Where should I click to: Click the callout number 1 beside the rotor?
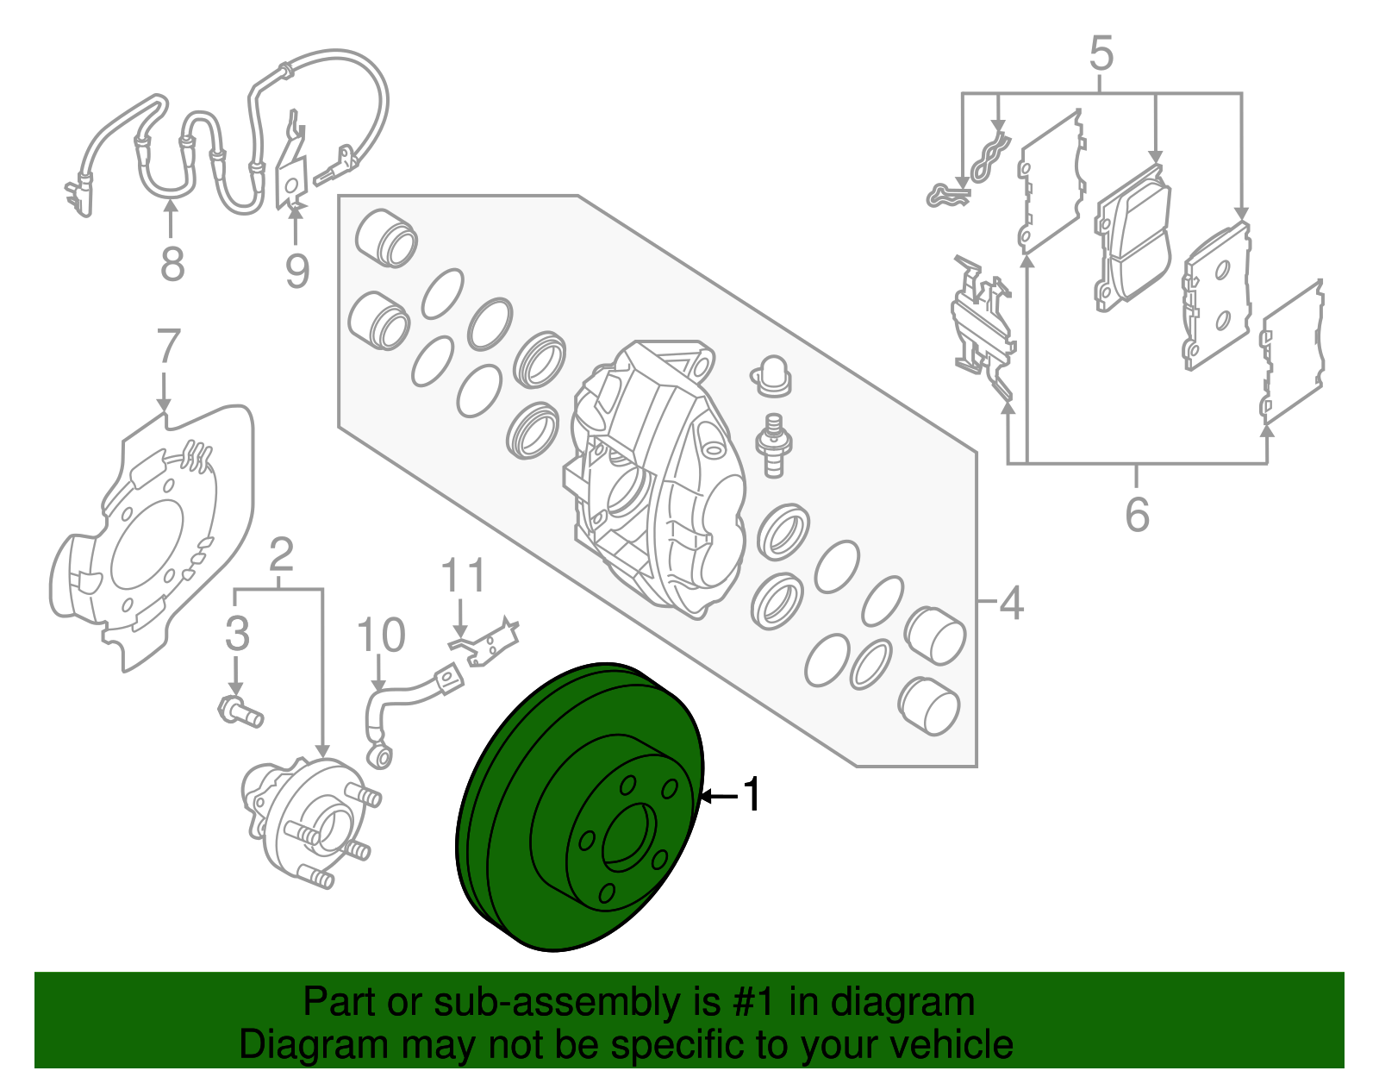click(x=752, y=794)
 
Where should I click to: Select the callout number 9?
click(x=297, y=271)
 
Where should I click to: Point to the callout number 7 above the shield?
click(x=167, y=347)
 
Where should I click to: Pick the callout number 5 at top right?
click(x=1101, y=53)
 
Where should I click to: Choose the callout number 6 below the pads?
click(x=1137, y=514)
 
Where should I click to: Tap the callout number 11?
click(x=464, y=576)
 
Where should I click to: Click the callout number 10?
click(x=380, y=636)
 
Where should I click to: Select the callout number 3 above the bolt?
click(x=237, y=634)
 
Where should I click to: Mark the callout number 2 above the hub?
click(x=281, y=555)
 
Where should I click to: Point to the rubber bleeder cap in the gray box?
click(x=771, y=375)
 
